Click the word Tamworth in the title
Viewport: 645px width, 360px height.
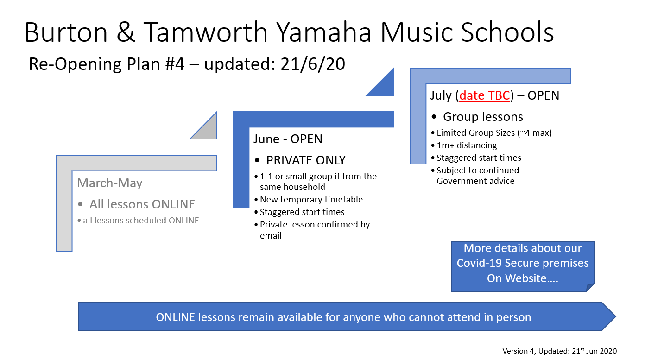click(205, 32)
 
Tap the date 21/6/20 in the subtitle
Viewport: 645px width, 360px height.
click(312, 64)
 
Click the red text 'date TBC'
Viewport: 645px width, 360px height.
click(485, 95)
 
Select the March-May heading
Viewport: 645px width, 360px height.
click(110, 183)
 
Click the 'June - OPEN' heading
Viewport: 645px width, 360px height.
click(288, 139)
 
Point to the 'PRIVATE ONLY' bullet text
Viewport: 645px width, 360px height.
click(306, 160)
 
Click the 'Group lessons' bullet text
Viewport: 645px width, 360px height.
click(483, 117)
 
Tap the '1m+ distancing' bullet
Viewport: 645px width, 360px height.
click(467, 145)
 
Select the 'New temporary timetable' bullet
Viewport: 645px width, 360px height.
click(311, 200)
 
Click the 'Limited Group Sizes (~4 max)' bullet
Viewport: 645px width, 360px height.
click(494, 133)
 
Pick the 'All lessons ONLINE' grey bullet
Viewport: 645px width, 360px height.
click(142, 204)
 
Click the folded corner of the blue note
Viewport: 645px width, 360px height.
click(590, 287)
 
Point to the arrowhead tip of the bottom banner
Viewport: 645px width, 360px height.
click(616, 316)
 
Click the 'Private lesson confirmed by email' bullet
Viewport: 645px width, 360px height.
click(315, 230)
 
